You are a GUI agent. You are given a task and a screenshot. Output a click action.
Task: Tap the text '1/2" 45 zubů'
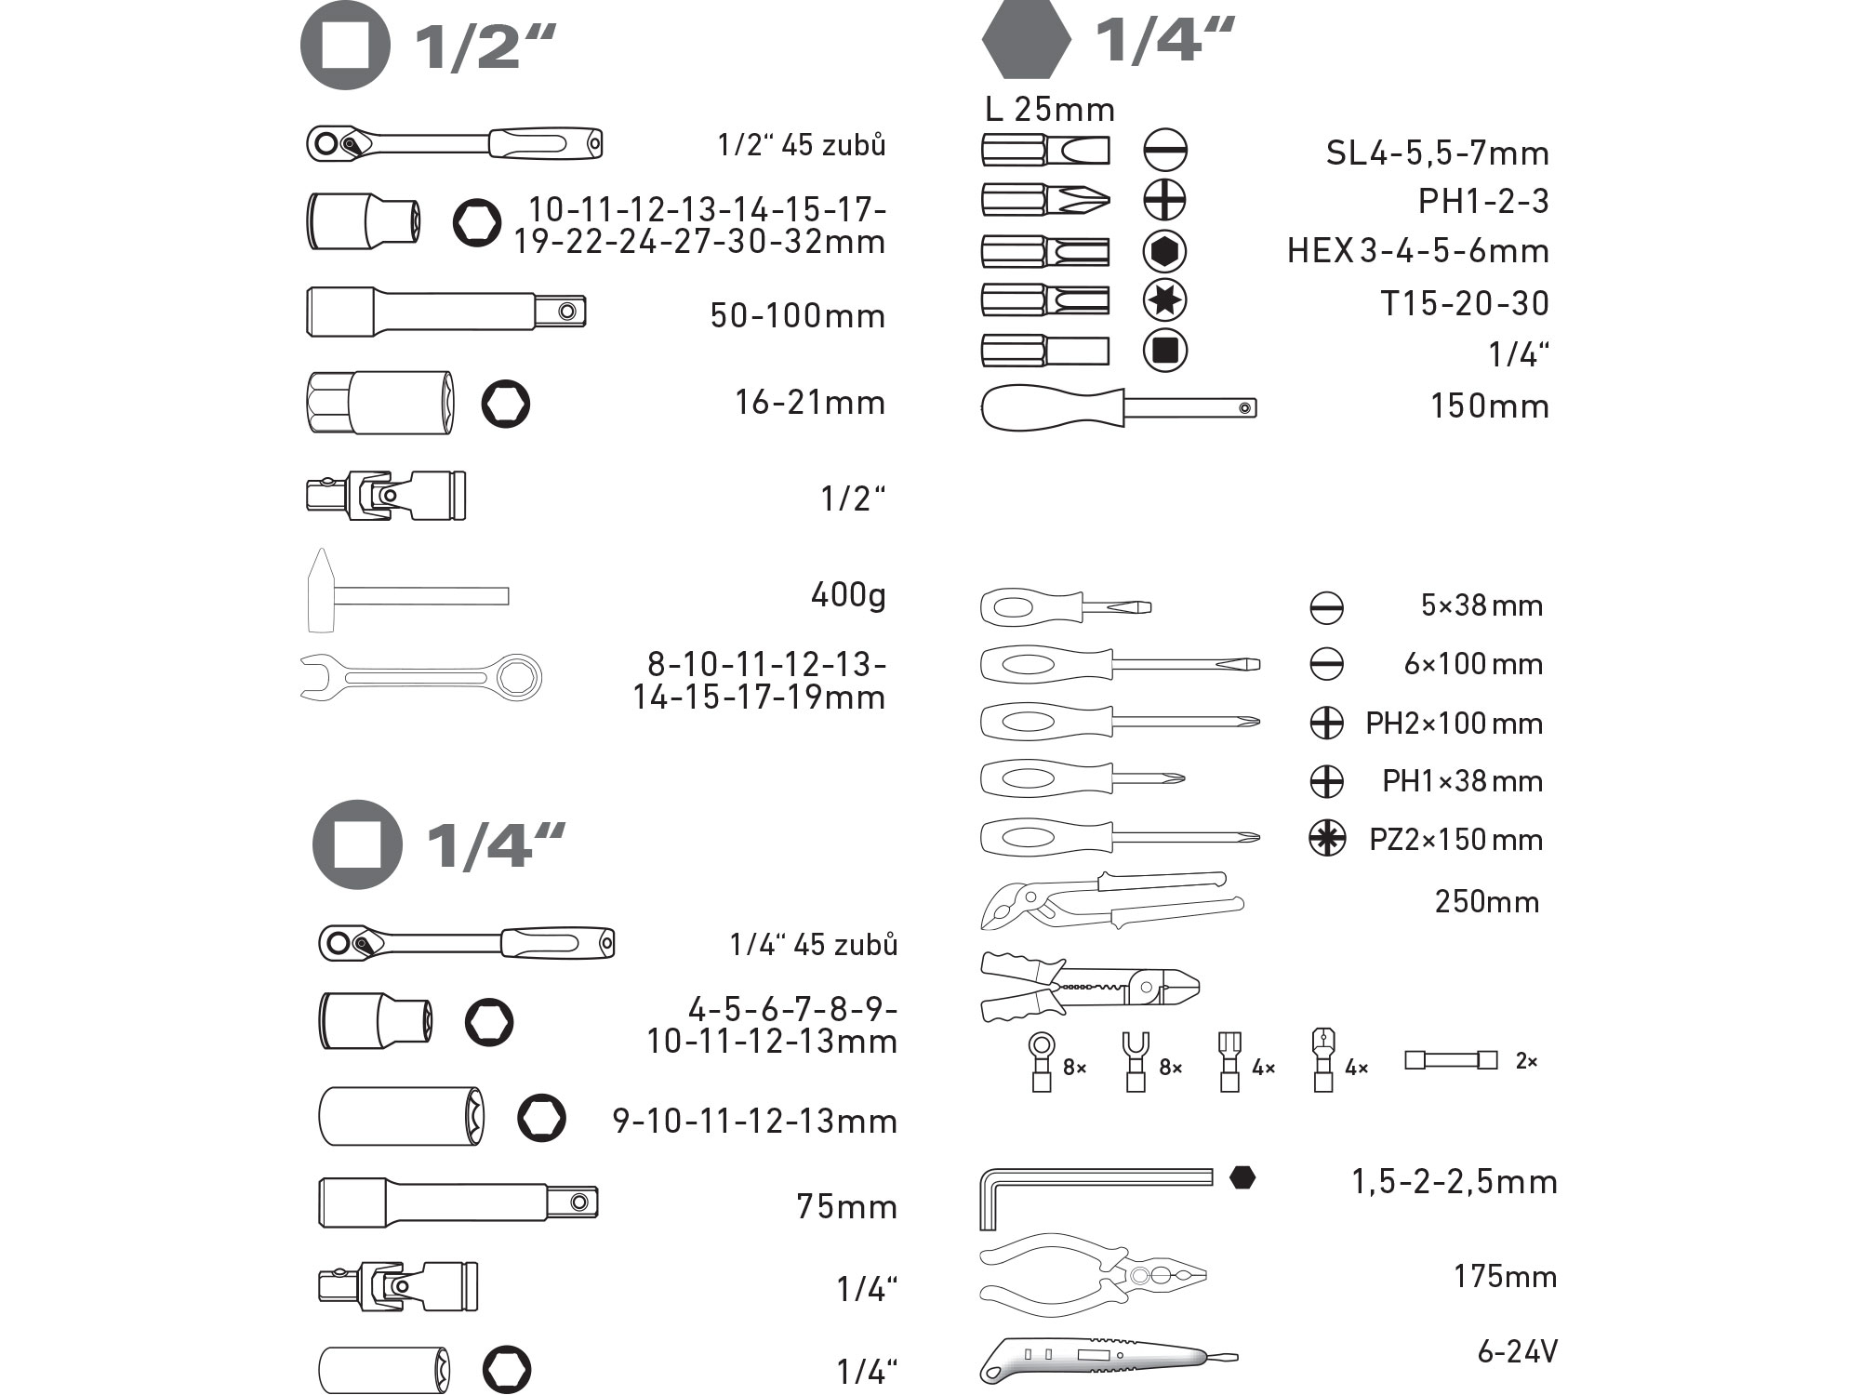coord(801,145)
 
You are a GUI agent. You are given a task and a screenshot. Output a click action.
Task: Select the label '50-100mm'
coord(797,316)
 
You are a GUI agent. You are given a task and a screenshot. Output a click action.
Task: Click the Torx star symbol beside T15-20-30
coord(1164,299)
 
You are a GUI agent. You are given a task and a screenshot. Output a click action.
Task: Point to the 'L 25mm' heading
coord(1050,110)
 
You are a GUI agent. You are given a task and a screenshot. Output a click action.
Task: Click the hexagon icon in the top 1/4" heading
coord(1026,39)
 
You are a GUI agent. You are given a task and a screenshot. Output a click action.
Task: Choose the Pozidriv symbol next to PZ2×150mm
coord(1326,838)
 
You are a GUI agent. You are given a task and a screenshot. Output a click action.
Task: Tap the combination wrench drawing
coord(418,676)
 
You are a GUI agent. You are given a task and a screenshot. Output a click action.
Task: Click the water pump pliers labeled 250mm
coord(1111,900)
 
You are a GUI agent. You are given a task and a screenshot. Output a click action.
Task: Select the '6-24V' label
coord(1517,1351)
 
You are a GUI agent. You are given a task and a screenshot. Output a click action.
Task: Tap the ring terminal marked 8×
coord(1041,1060)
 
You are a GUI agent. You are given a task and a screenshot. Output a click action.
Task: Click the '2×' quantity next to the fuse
coord(1526,1061)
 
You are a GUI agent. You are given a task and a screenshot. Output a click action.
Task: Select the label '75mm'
coord(846,1207)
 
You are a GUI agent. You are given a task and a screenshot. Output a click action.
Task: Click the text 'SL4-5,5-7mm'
coord(1437,153)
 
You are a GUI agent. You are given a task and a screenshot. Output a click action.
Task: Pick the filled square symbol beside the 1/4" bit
coord(1164,350)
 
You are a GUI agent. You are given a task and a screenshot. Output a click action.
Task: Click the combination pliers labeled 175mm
coord(1093,1277)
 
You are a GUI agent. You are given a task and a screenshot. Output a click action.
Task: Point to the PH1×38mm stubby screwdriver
coord(1079,779)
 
